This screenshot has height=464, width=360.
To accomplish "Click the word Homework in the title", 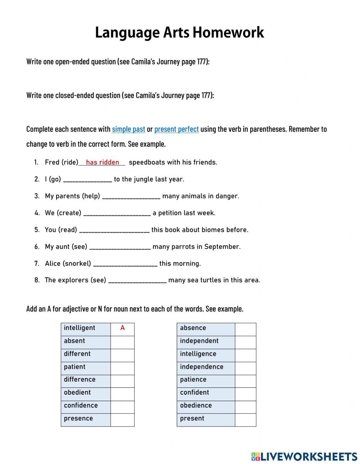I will coord(228,33).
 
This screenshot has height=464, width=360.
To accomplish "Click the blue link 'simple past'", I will coord(129,129).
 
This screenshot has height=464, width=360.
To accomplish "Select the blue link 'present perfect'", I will coord(176,129).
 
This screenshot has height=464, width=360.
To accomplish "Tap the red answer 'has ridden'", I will coord(103,162).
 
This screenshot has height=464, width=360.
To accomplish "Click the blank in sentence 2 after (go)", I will coord(87,179).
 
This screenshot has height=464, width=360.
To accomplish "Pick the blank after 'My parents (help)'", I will coord(131,196).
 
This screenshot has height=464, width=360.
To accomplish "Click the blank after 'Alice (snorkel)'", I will coord(125,264).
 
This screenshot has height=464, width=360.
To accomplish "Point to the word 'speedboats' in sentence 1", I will coord(145,162).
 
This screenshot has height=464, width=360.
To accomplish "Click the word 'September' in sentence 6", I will coord(222,247).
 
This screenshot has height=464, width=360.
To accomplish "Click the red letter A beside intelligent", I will coord(122,328).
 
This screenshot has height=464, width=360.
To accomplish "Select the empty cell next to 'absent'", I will coord(122,343).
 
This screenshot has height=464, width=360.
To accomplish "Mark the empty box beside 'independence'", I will coord(246,368).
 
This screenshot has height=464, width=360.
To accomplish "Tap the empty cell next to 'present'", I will coord(246,420).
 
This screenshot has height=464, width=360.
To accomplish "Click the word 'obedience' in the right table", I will coord(196,405).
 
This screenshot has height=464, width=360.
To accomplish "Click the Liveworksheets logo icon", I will coord(256,456).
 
